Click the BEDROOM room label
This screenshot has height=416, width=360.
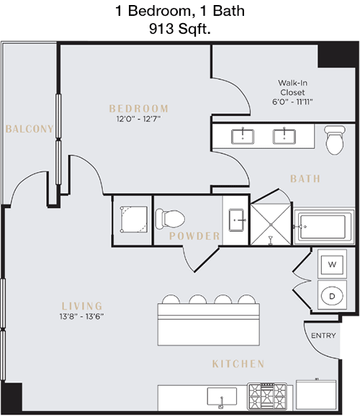pos(138,109)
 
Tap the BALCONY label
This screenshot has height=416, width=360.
pos(30,129)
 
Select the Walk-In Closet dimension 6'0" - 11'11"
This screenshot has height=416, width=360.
pos(292,101)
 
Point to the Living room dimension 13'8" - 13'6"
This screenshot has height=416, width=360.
pos(81,316)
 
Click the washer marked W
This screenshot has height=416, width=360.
pos(332,264)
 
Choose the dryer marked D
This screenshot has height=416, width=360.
pos(332,295)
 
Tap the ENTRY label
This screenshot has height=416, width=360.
pos(323,335)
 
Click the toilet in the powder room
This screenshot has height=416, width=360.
pos(170,219)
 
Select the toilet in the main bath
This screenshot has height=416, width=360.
pos(335,140)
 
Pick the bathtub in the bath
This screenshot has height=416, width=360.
pos(323,227)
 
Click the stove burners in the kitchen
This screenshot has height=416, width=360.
pos(267,397)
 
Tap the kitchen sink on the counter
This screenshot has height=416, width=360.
pos(222,397)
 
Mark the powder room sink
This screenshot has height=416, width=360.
pos(236,220)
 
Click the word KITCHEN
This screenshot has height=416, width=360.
pos(238,363)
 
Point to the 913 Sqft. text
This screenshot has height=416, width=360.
pos(180,29)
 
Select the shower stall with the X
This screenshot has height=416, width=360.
pos(271,225)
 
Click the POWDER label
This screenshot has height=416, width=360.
pos(194,236)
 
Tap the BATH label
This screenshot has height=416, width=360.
pos(305,178)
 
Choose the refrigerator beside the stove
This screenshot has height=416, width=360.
pos(316,394)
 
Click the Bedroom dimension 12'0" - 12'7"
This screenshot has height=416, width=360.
pos(138,119)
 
